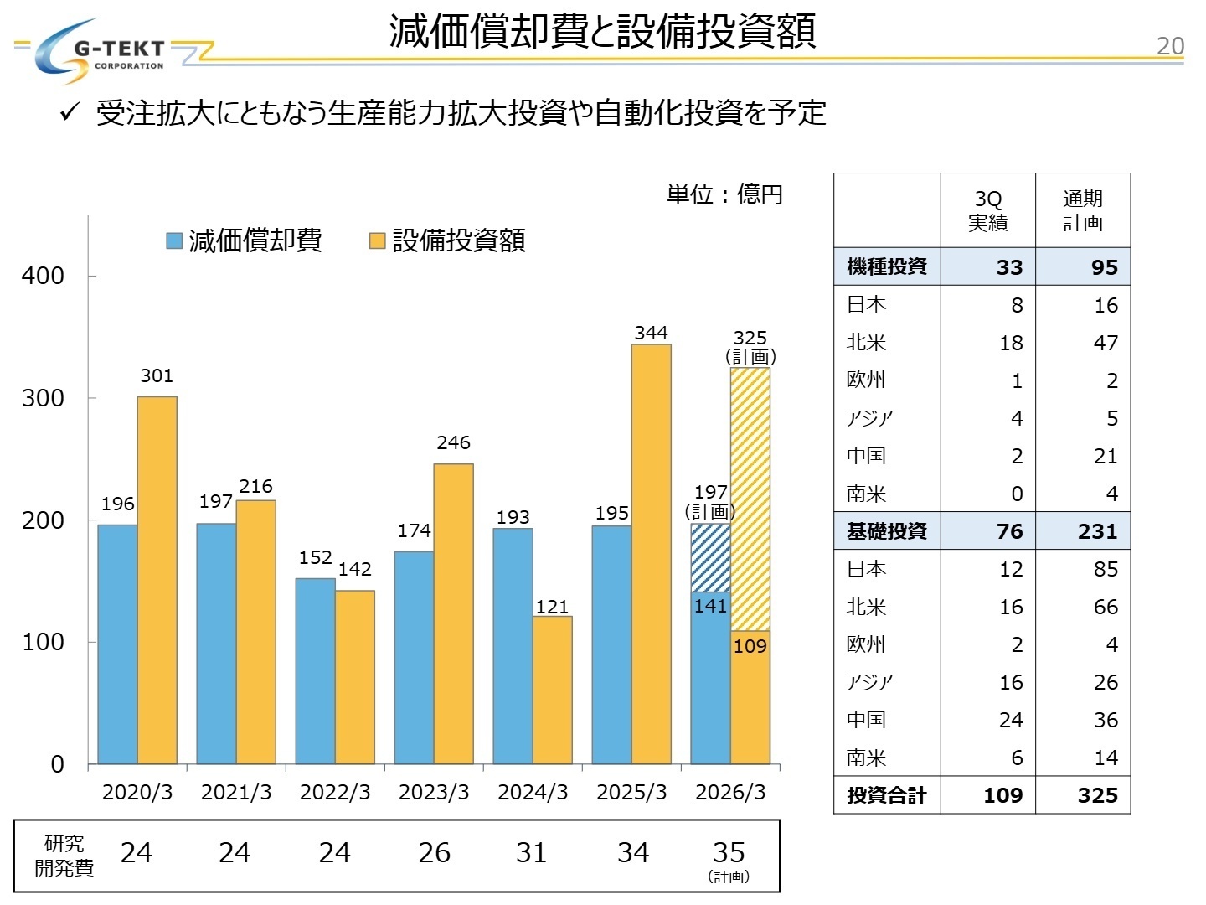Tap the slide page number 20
coord(1169,46)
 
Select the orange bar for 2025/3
coord(651,553)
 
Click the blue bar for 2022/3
coord(315,670)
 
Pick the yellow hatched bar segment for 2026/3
coord(750,499)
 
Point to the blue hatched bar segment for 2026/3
coord(710,557)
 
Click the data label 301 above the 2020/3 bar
coord(157,375)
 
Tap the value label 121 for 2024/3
coord(552,607)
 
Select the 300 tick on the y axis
coord(43,398)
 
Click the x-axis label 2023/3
coord(433,792)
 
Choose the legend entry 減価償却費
coord(245,240)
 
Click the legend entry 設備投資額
coord(448,240)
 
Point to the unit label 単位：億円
coord(724,194)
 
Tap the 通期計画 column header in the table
coord(1082,210)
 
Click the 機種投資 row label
coord(886,266)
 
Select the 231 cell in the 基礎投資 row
coord(1097,531)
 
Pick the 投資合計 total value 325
coord(1097,795)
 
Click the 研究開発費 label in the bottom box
coord(64,856)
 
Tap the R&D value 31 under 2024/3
coord(531,853)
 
